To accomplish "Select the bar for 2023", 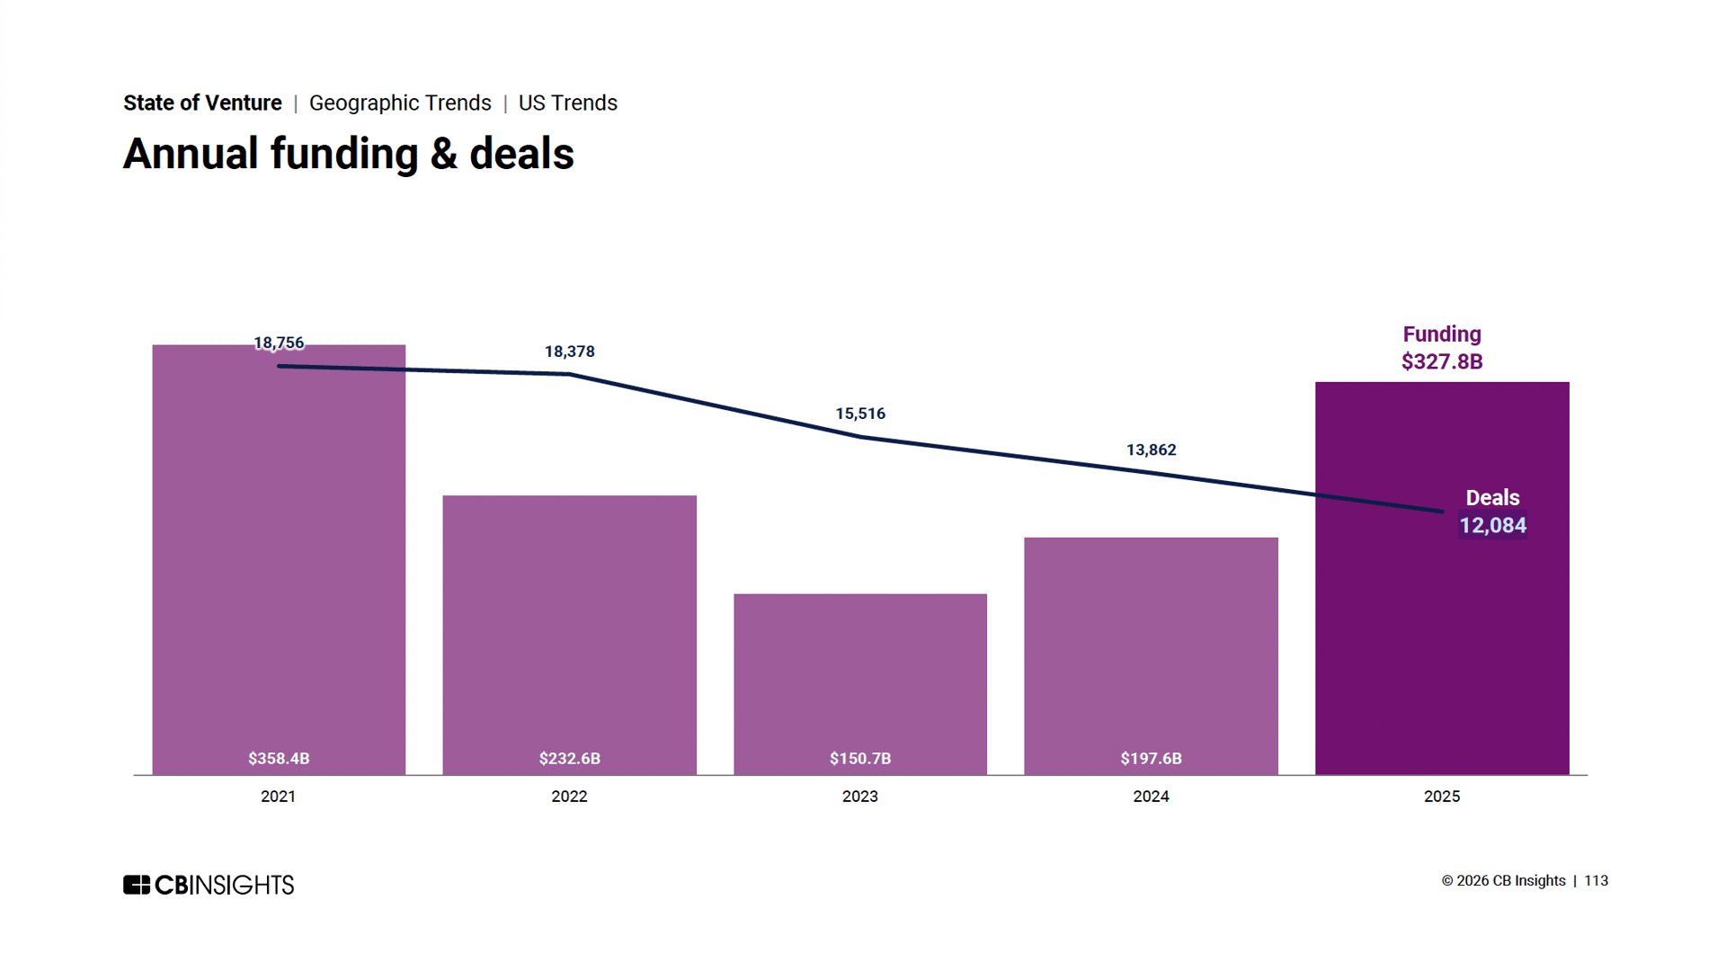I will [860, 683].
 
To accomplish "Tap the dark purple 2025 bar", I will [1442, 647].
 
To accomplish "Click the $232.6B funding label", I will [570, 759].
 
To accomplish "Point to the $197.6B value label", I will [1151, 759].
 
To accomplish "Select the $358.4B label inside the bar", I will [279, 759].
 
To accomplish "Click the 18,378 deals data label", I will [570, 352].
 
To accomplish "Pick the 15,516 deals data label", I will [860, 414].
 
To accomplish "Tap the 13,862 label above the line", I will [1151, 450].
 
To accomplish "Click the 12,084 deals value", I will [1492, 526].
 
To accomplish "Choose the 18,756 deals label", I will [279, 343].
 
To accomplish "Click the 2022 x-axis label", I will [569, 797].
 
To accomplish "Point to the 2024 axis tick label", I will [1151, 797].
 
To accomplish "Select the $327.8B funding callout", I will [1442, 361].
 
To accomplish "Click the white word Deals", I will [1492, 498].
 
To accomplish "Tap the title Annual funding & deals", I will [348, 154].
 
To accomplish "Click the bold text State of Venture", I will [202, 103].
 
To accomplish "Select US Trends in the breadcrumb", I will [567, 103].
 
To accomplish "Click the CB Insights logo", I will [209, 885].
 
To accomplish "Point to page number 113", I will [1596, 881].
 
